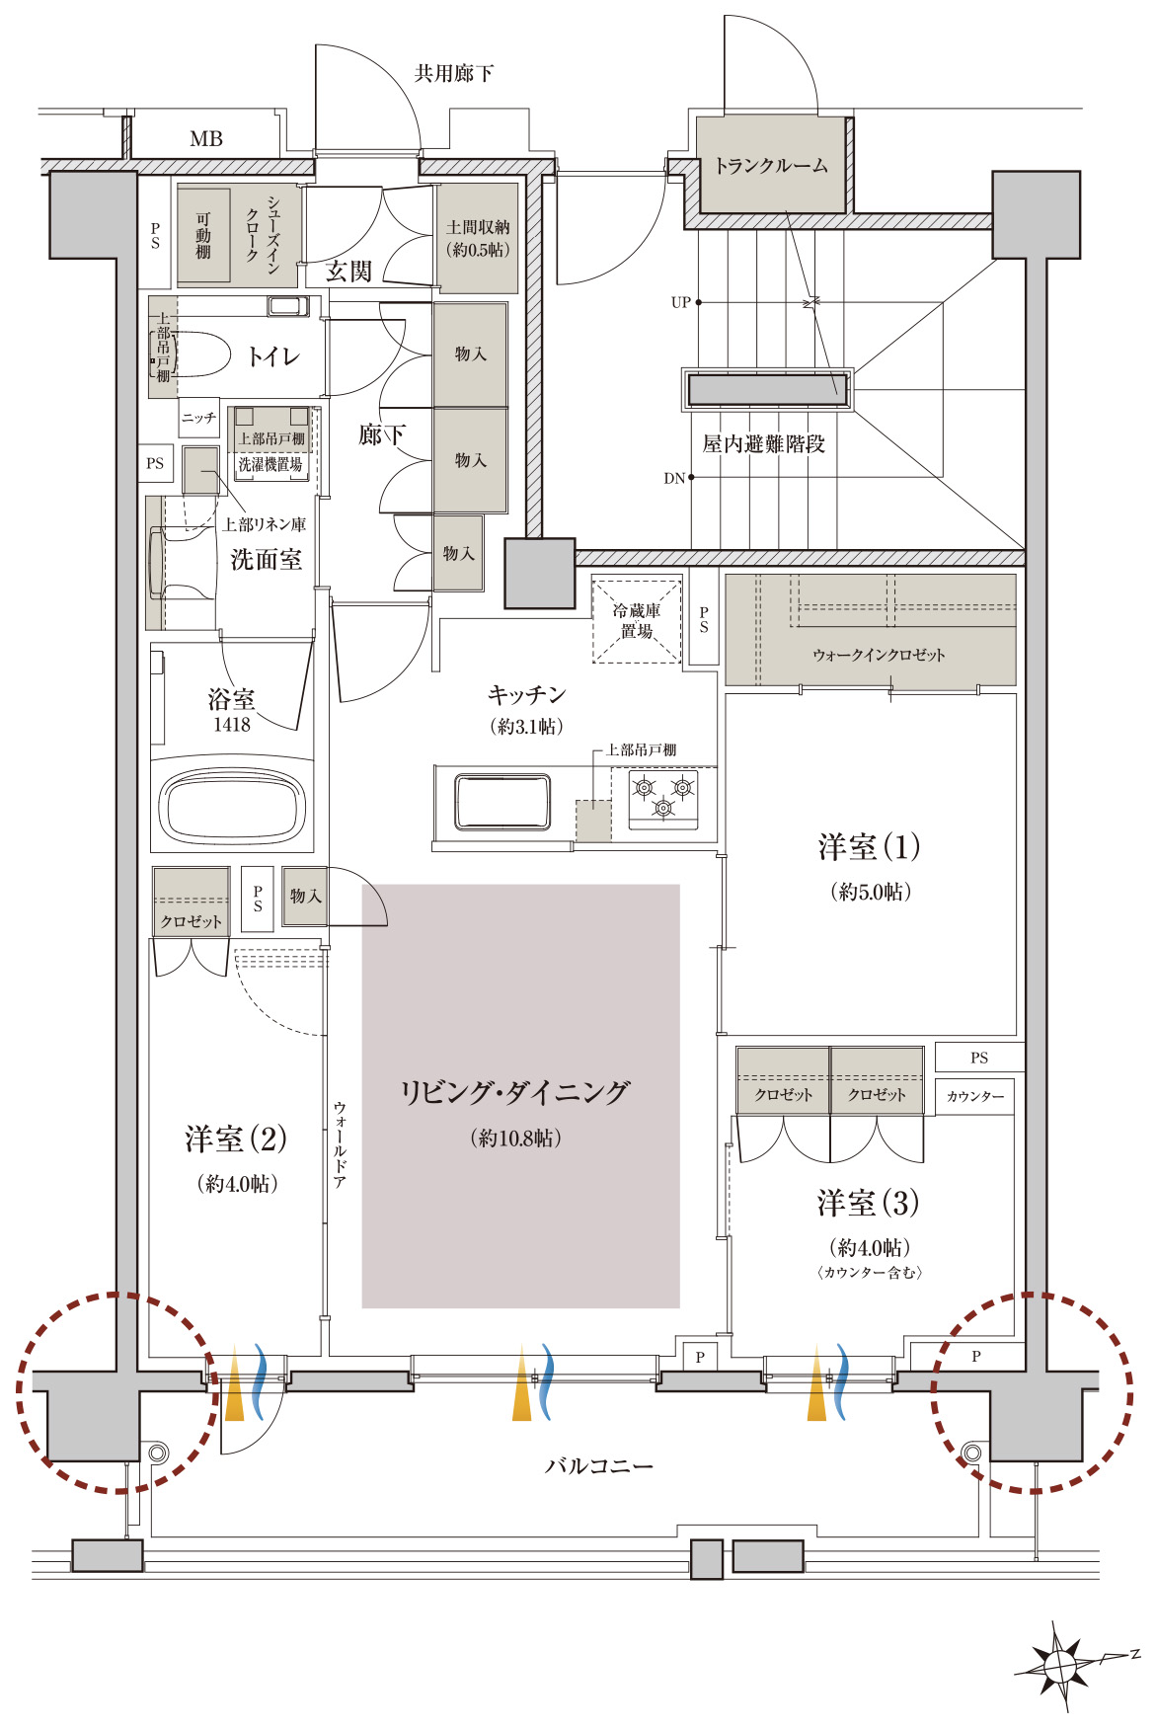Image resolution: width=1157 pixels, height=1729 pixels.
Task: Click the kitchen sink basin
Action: point(501,802)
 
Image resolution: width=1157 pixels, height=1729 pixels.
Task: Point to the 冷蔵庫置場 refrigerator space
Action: point(636,621)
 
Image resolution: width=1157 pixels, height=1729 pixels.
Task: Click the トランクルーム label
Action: point(771,166)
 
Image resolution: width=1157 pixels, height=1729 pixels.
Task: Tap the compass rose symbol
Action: point(1061,1667)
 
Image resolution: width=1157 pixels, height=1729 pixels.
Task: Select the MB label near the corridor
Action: point(206,139)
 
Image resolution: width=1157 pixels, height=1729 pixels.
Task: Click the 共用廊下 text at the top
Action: point(453,73)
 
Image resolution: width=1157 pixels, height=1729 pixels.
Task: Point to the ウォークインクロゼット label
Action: point(878,655)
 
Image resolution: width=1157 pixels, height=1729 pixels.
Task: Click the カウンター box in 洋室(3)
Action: point(974,1096)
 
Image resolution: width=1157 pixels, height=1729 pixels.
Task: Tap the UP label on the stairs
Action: point(680,302)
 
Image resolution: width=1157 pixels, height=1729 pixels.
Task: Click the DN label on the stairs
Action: point(674,478)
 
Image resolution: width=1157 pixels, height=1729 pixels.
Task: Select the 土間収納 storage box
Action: point(478,238)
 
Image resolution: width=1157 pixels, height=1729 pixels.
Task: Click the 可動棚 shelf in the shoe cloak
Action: point(203,236)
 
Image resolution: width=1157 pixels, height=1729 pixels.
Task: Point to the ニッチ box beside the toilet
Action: point(198,418)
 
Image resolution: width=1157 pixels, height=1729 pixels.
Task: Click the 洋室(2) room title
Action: point(236,1139)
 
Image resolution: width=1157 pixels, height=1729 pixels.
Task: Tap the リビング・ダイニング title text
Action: point(514,1092)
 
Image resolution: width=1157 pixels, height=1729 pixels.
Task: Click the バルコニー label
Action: point(598,1465)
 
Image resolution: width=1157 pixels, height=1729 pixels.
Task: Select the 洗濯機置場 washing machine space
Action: point(270,464)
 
